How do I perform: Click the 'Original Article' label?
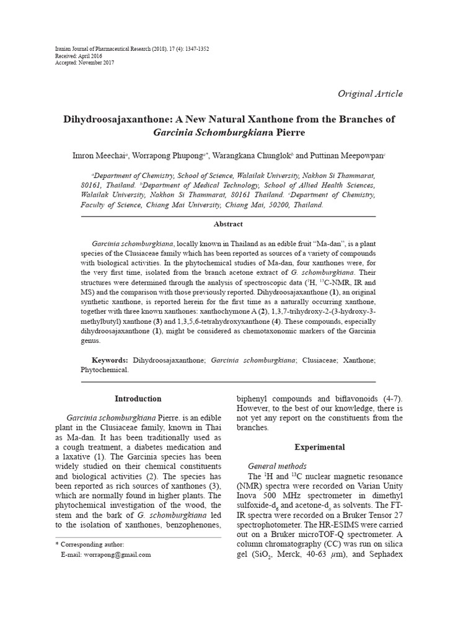[369, 94]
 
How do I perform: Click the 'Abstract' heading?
[227, 224]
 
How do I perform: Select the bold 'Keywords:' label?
[110, 360]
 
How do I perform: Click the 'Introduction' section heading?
[138, 399]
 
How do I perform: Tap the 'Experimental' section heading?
[320, 447]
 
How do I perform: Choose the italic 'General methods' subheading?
[277, 465]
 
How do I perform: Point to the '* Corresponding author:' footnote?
[90, 544]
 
